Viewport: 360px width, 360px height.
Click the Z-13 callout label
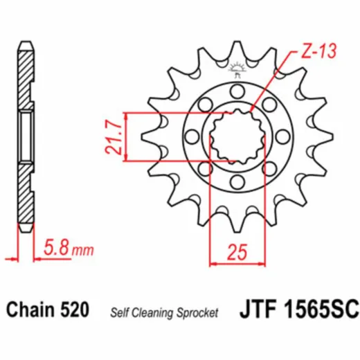[x=318, y=51]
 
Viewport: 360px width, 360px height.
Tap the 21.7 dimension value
[x=114, y=137]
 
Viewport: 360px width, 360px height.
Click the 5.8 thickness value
[x=56, y=247]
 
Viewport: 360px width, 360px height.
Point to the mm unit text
[x=82, y=251]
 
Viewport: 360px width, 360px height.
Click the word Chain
[x=30, y=309]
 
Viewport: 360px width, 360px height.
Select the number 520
[x=74, y=309]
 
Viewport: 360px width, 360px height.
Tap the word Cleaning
[x=152, y=313]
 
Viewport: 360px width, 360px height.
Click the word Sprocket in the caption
[x=197, y=314]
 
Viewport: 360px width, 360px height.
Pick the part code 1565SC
[x=321, y=309]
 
